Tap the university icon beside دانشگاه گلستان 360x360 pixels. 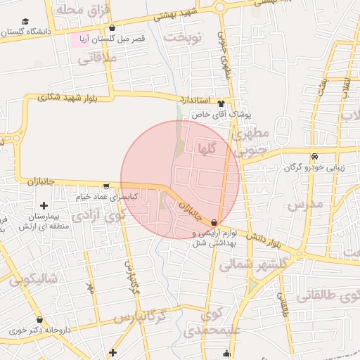[x=26, y=22]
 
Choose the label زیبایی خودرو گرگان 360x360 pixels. [x=314, y=167]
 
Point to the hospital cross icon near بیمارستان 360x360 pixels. [x=44, y=205]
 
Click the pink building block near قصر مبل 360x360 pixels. [x=75, y=40]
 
